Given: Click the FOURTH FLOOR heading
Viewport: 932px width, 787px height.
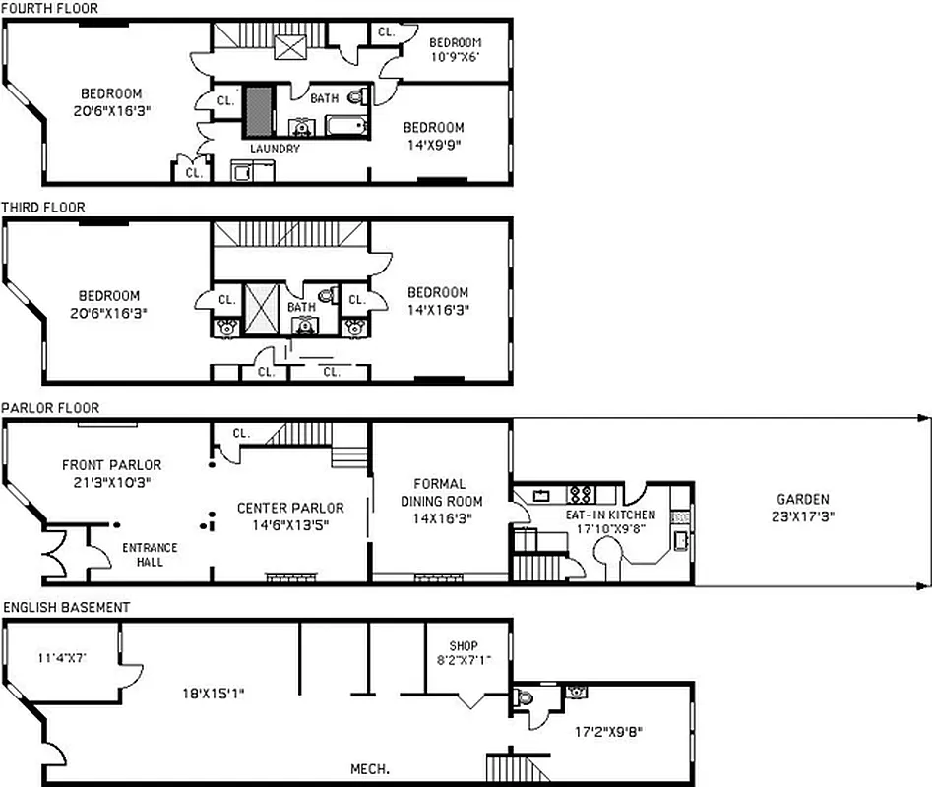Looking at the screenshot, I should point(49,7).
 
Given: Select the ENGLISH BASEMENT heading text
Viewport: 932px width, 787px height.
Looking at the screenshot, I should point(66,608).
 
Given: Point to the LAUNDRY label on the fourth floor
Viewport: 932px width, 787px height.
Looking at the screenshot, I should point(275,149).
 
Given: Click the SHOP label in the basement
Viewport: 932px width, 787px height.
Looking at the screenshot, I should point(463,646).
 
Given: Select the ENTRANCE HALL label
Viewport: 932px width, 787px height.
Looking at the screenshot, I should point(150,555).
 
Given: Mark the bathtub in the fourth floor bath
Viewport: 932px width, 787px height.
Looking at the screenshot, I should point(345,125).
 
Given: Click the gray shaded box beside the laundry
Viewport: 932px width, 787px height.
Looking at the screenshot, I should point(259,110).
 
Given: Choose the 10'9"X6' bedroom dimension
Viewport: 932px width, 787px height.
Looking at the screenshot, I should point(455,56).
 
